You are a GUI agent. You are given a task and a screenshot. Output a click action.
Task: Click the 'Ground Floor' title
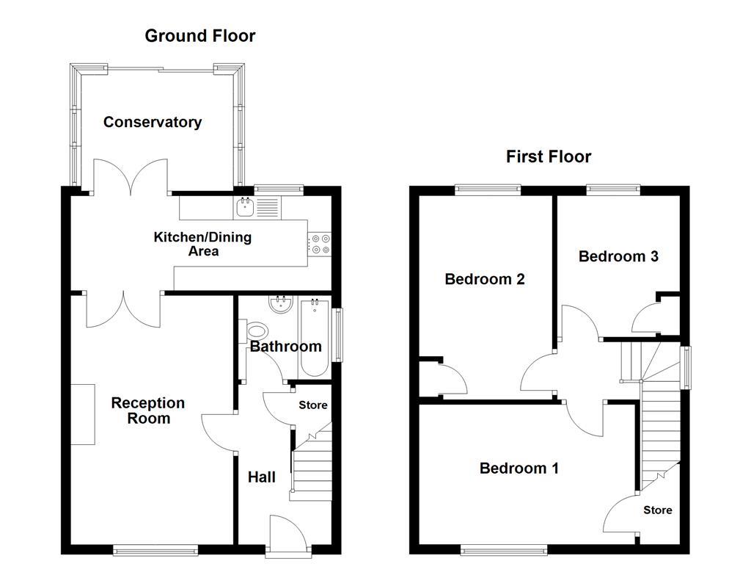199,35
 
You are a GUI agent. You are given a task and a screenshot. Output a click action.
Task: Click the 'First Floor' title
548,156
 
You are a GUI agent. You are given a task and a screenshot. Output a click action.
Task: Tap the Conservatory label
152,123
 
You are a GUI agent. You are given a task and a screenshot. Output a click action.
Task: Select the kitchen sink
244,206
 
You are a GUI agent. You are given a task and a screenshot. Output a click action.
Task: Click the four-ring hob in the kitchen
320,244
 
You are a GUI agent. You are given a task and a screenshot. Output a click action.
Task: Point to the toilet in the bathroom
258,333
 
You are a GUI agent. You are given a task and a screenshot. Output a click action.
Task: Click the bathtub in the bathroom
315,337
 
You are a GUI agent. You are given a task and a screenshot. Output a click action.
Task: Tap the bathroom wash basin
279,304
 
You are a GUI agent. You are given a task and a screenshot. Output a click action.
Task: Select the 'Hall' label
261,477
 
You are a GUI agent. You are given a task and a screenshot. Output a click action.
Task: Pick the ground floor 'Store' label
312,405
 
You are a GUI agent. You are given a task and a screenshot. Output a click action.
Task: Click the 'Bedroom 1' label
519,469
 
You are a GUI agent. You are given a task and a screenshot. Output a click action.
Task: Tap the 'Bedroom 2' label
485,279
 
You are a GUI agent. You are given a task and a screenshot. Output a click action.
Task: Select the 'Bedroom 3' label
618,256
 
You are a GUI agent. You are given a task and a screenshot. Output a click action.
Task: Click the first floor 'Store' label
657,510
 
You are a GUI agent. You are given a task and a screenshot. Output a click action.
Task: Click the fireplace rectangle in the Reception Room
83,413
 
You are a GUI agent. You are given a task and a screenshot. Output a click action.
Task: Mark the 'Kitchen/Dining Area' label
202,244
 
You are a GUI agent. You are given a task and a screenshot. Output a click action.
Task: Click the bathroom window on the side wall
338,335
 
